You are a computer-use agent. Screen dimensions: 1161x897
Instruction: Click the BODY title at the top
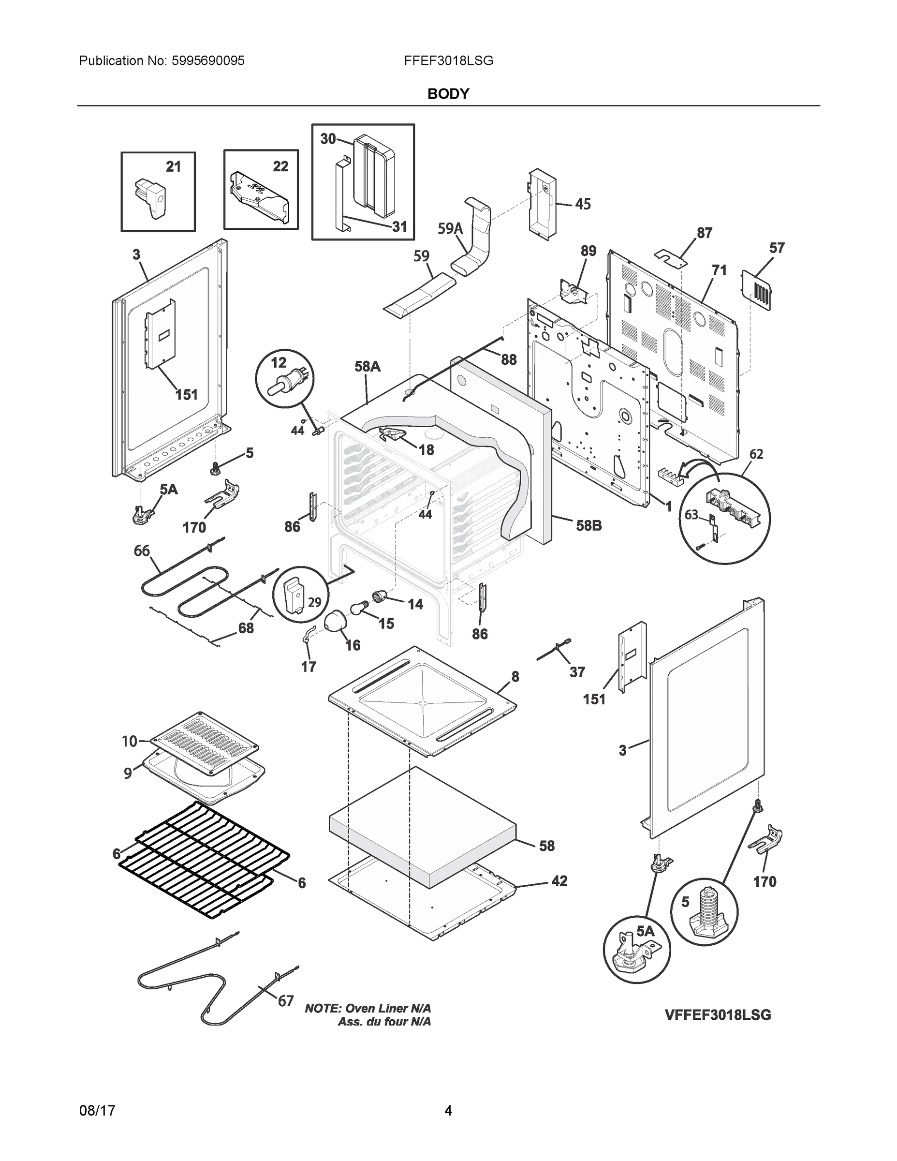click(448, 94)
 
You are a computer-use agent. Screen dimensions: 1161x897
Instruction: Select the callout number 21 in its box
click(173, 167)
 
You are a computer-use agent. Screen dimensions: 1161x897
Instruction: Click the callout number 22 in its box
click(280, 166)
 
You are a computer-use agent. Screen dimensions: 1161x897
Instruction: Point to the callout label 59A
click(450, 229)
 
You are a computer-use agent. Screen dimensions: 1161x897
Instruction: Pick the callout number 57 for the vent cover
click(777, 248)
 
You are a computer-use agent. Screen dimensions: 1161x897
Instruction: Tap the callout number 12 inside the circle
click(279, 362)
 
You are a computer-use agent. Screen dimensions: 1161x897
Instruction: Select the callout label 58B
click(589, 526)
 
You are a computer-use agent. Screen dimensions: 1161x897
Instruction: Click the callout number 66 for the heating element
click(142, 551)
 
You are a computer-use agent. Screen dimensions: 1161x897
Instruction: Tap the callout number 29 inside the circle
click(315, 602)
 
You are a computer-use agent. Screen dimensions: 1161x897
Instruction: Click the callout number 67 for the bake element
click(286, 1001)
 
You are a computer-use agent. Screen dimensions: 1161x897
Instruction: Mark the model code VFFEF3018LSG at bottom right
click(718, 1015)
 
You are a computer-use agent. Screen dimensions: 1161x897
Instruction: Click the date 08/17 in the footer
click(97, 1111)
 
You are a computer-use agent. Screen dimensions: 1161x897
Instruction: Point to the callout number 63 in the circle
click(691, 515)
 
